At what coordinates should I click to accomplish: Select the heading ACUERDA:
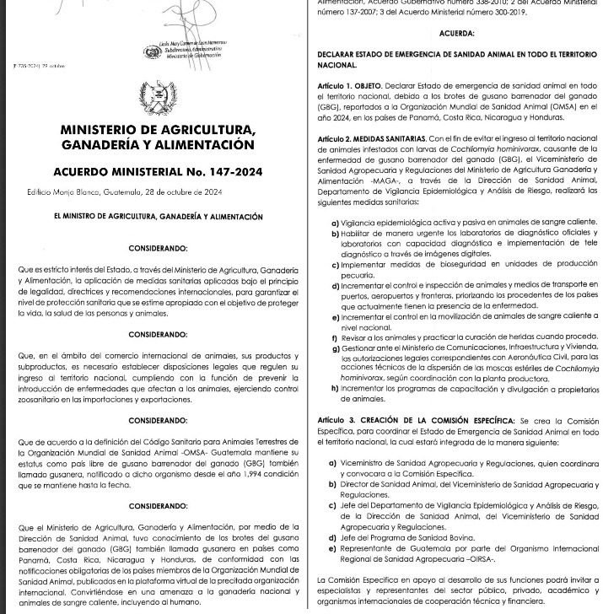click(x=456, y=34)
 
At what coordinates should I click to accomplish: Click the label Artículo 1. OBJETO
click(x=349, y=87)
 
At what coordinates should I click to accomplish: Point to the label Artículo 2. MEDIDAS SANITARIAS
click(x=370, y=137)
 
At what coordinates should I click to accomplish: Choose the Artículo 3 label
click(x=339, y=420)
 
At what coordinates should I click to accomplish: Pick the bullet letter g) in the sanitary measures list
click(x=335, y=347)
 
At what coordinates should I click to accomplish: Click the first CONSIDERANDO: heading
click(x=158, y=249)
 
